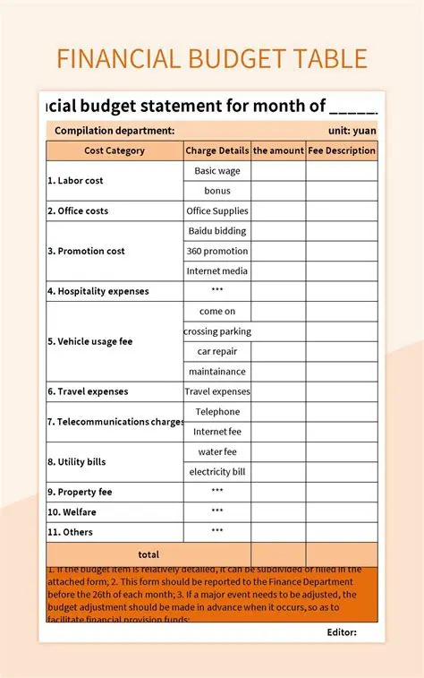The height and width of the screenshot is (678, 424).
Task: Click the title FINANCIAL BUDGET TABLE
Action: click(212, 59)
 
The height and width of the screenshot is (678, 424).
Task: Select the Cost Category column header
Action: click(114, 150)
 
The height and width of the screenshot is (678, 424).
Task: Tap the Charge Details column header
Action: click(217, 150)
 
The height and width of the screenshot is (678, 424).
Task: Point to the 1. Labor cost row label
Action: click(75, 180)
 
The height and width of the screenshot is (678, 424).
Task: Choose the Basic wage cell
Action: click(217, 170)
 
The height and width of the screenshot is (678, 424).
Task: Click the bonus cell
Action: click(217, 191)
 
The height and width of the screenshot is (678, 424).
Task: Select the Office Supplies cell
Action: click(217, 210)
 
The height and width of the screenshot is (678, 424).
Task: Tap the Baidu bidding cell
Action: click(217, 231)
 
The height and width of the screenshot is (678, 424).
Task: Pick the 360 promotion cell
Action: click(217, 251)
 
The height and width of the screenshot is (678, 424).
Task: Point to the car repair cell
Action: click(217, 351)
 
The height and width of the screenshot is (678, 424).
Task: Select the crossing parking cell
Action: click(217, 331)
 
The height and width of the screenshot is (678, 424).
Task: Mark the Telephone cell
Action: click(217, 411)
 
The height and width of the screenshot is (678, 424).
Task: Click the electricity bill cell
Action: click(217, 472)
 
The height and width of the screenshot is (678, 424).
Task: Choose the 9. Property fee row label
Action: click(81, 492)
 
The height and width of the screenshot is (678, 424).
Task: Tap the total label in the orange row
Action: click(148, 554)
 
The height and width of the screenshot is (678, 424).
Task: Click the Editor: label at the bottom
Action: click(342, 632)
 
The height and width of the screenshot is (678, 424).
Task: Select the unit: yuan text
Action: click(352, 131)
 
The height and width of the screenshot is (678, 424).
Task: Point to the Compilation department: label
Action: click(114, 131)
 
